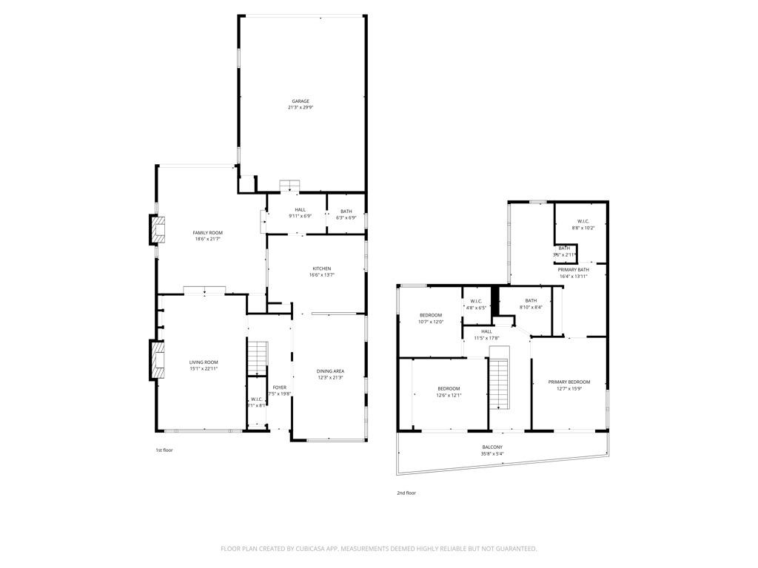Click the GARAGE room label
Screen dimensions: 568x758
(x=300, y=101)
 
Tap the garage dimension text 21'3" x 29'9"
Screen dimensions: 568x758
(x=300, y=108)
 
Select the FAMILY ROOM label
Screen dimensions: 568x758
(x=207, y=233)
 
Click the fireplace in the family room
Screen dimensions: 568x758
(x=157, y=230)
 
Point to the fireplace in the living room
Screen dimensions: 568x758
(x=156, y=359)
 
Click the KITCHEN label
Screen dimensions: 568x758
(x=321, y=268)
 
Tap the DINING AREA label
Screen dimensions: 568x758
(x=329, y=371)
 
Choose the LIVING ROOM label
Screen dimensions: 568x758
(x=204, y=362)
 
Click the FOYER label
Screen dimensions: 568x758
(x=279, y=388)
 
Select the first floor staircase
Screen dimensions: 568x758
(x=255, y=358)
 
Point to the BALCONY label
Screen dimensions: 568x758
(x=492, y=447)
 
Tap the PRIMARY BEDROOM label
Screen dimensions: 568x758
(x=568, y=382)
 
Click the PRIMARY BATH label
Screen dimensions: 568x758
(x=573, y=270)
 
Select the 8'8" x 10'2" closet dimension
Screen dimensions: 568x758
(x=583, y=228)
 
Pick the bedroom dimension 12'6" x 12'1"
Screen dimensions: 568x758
(x=449, y=395)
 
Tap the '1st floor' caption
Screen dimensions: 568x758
(x=164, y=450)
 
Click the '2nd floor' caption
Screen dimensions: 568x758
(x=406, y=493)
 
